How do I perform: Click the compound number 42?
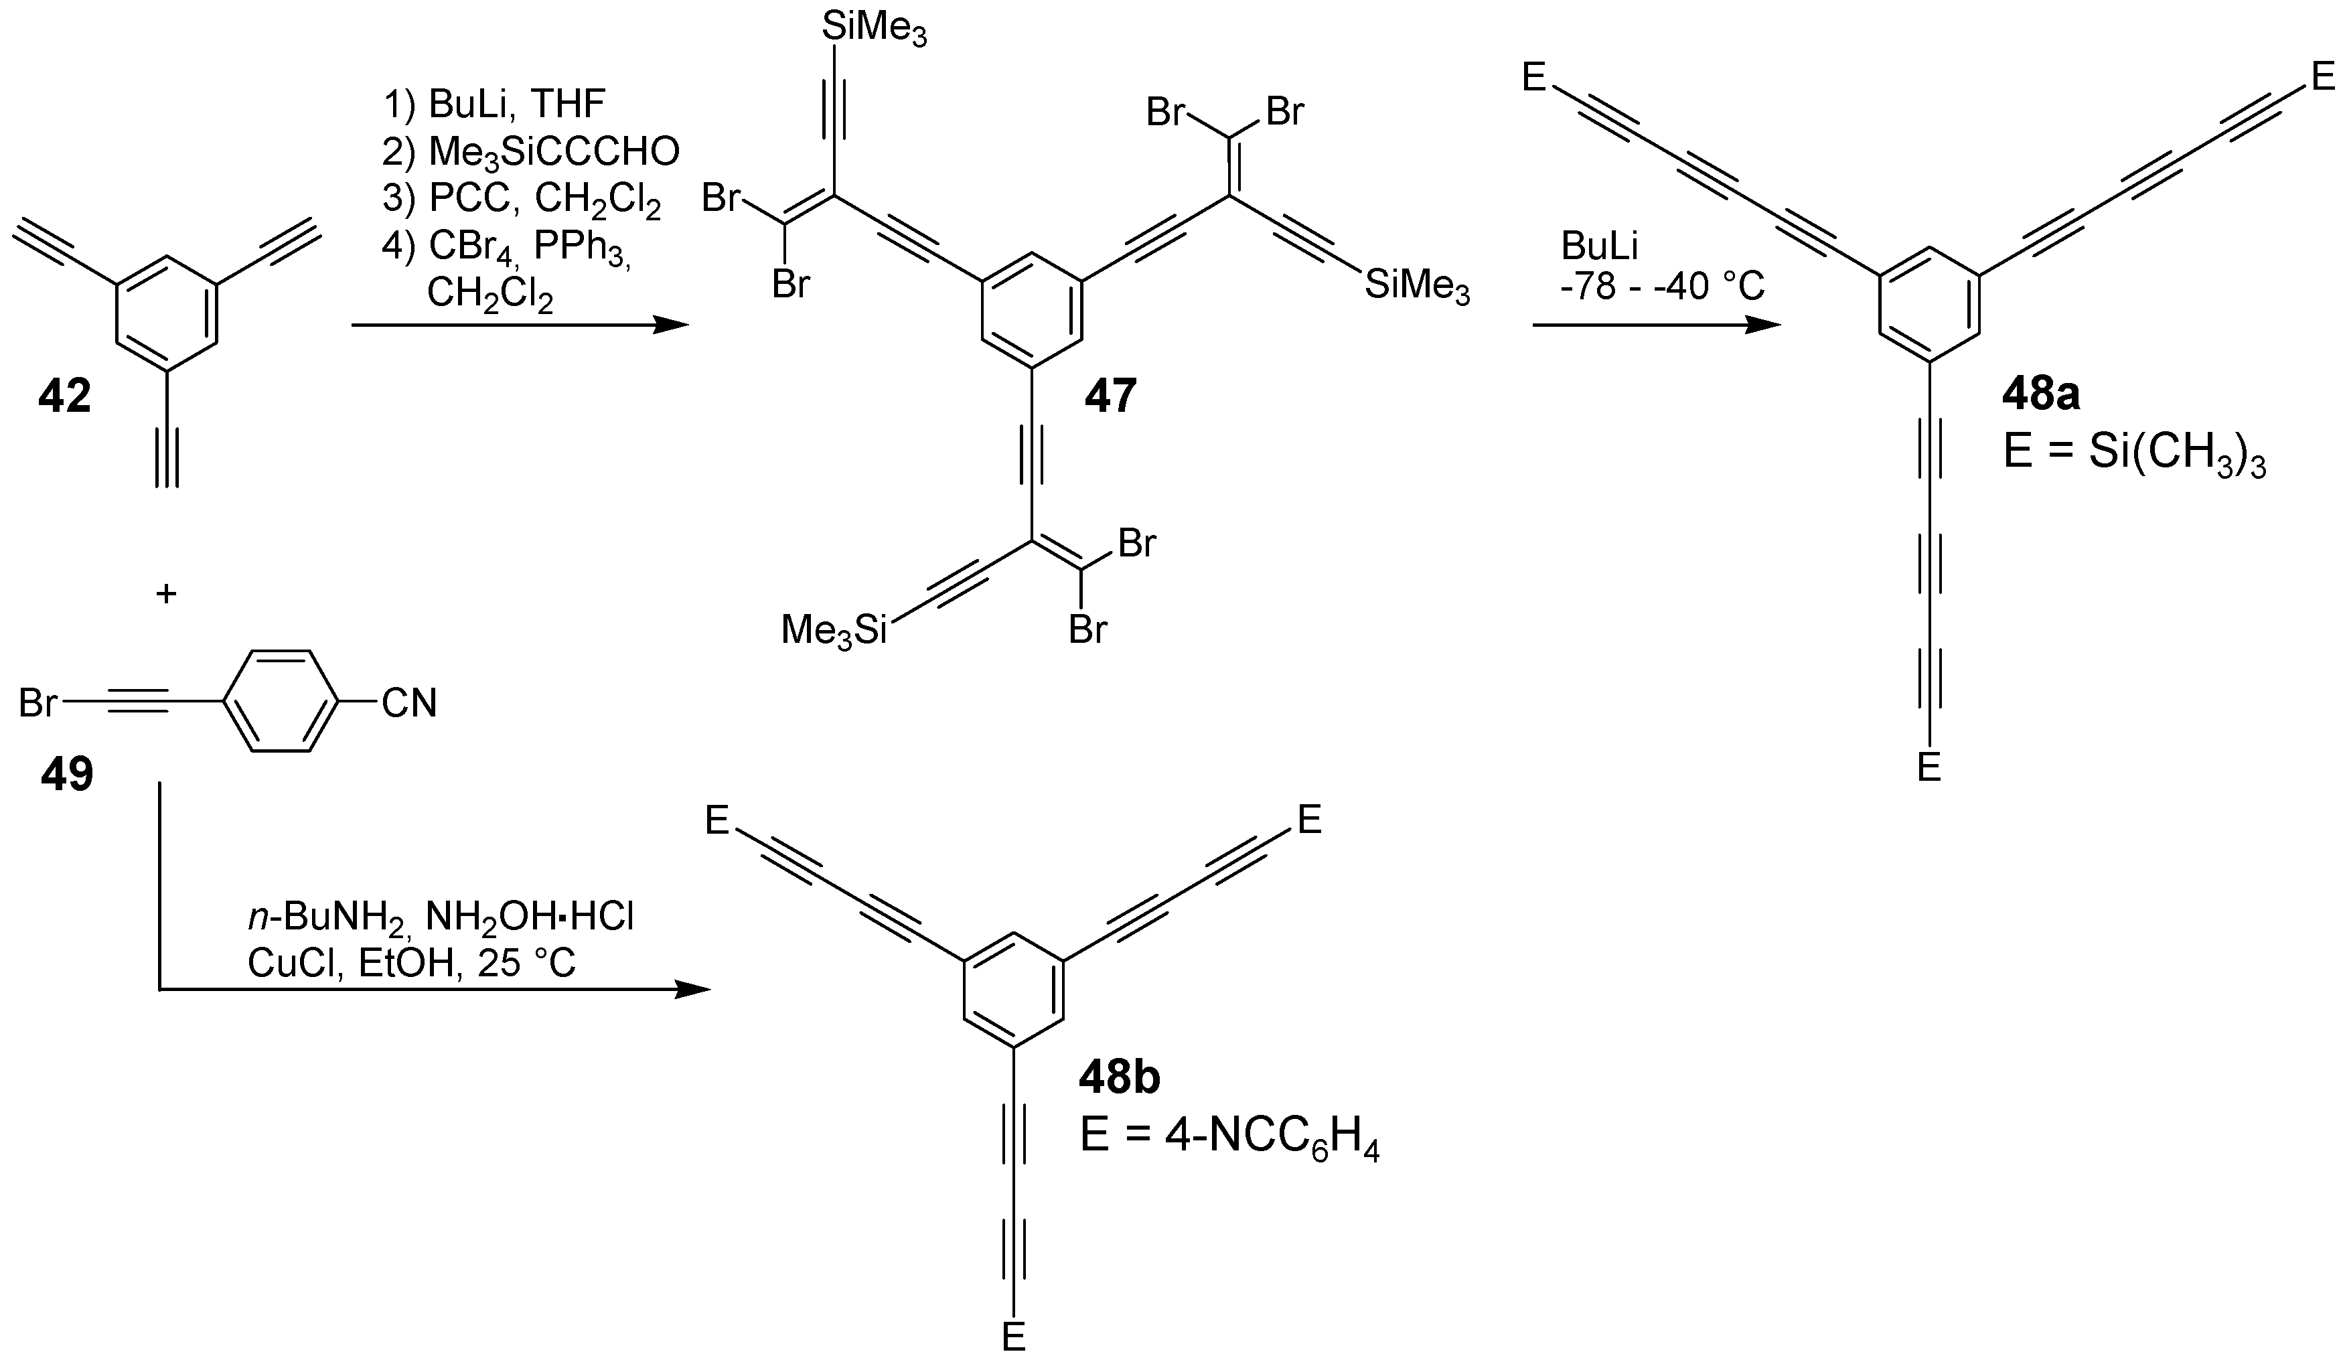click(65, 398)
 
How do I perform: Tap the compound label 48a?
click(2041, 396)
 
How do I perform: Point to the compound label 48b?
click(1120, 1077)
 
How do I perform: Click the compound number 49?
click(67, 774)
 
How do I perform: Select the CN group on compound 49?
click(408, 703)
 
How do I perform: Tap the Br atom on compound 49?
click(39, 703)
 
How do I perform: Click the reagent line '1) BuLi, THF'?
click(494, 105)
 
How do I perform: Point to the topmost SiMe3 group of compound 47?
click(874, 29)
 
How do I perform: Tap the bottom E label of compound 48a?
click(1929, 768)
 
